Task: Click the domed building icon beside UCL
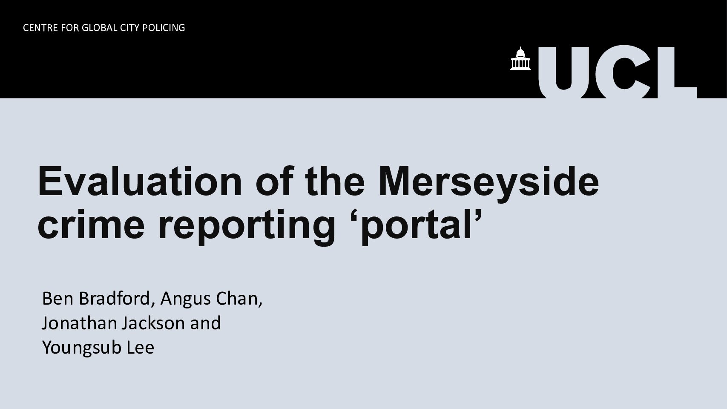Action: [520, 59]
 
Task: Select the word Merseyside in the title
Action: [488, 184]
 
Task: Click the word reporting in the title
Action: [247, 227]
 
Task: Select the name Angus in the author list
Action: [185, 300]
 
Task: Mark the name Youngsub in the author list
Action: [82, 349]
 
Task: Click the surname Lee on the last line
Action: [140, 348]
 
